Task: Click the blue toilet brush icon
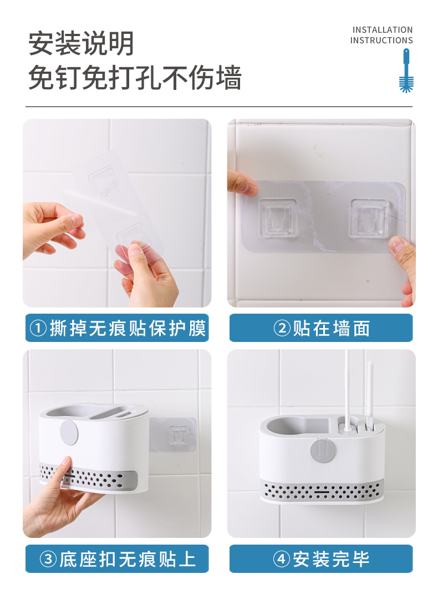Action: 406,71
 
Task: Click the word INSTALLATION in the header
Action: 383,29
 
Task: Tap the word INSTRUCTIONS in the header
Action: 381,41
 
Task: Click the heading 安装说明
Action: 82,44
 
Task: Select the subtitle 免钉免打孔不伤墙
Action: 135,78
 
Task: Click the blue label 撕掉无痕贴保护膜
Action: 117,328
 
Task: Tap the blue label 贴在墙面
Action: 321,328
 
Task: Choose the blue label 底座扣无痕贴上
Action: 117,559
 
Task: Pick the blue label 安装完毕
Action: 321,559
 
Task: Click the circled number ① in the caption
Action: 38,329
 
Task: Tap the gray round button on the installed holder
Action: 322,451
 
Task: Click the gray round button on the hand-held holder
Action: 69,432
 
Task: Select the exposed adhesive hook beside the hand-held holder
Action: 177,434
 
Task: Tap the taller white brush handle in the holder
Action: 347,389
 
